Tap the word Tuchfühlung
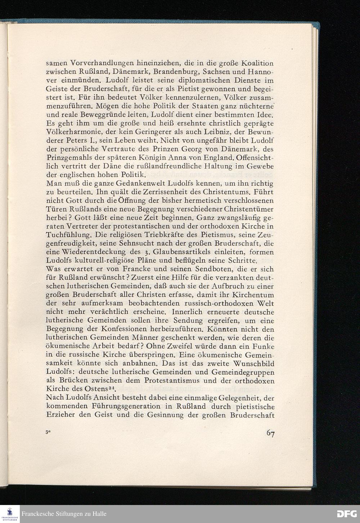pos(68,235)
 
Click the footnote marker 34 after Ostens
pos(112,388)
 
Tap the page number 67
pos(270,434)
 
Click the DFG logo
pos(346,514)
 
